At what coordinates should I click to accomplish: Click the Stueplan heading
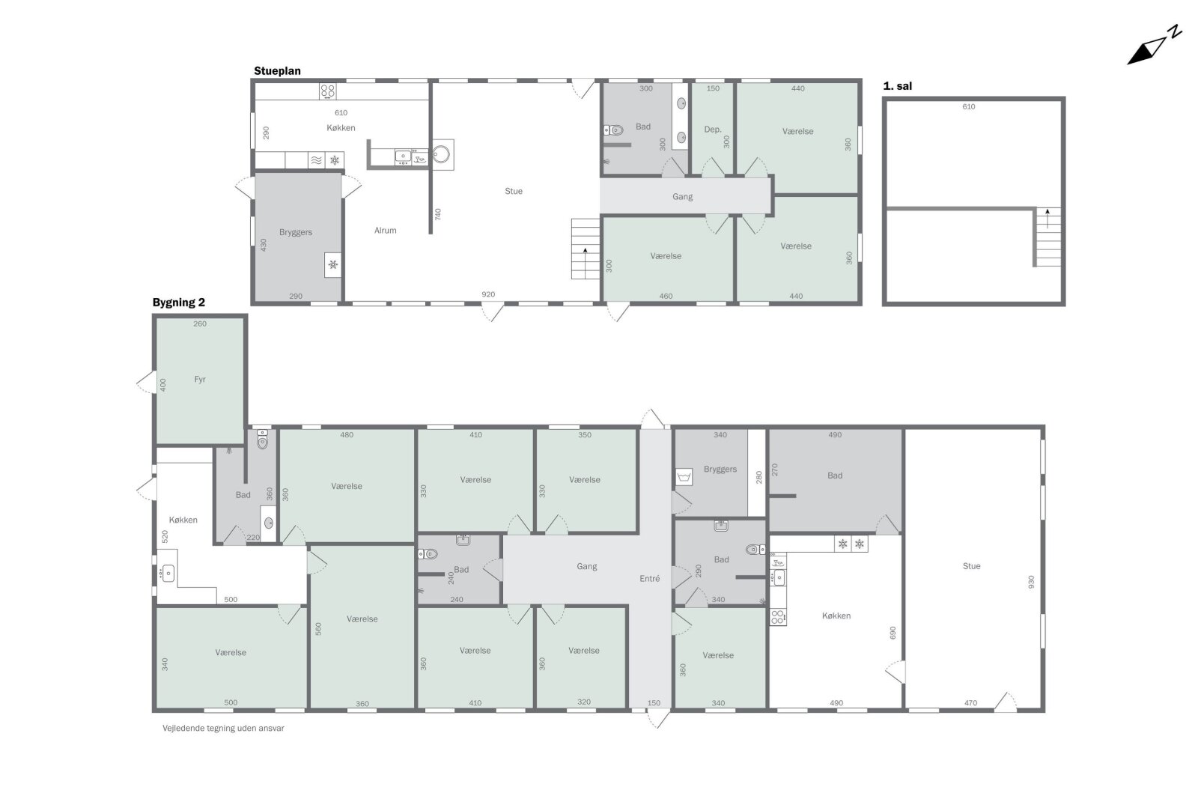click(277, 70)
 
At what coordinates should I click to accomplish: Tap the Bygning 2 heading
click(179, 303)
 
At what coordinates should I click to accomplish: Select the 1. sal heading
click(898, 85)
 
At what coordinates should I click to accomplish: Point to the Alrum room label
click(385, 231)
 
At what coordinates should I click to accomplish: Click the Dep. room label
click(712, 130)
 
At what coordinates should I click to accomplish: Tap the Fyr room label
click(199, 379)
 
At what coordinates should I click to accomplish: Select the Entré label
click(649, 578)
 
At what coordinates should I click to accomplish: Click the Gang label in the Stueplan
click(682, 196)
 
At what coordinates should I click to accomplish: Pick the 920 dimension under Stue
click(487, 294)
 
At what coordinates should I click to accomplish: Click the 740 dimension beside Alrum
click(437, 214)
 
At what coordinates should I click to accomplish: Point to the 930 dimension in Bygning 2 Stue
click(1031, 582)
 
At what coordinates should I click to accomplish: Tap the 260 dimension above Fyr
click(199, 323)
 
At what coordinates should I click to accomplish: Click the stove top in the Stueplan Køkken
click(327, 91)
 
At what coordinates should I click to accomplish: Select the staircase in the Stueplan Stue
click(585, 249)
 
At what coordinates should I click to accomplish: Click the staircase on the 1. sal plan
click(1048, 237)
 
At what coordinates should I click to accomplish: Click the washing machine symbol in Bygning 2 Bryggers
click(684, 476)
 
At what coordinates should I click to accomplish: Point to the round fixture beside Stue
click(441, 154)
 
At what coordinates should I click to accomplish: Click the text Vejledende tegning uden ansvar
click(223, 728)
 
